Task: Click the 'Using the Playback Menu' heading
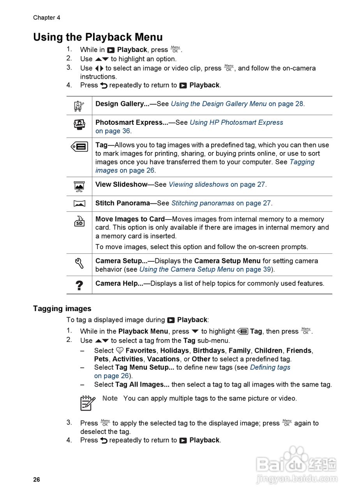tap(98, 37)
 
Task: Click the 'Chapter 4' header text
tap(46, 18)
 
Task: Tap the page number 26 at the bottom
tap(36, 480)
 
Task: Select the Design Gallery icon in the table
tap(79, 106)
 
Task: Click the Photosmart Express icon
tap(79, 124)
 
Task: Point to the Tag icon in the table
tap(79, 147)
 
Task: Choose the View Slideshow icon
tap(79, 186)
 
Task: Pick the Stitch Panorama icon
tap(79, 203)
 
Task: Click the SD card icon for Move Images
tap(79, 221)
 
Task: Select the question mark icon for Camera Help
tap(79, 285)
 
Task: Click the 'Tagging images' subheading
tap(62, 309)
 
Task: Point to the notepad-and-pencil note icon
tap(87, 403)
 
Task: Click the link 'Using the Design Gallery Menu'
tap(219, 104)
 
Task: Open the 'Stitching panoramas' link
tap(203, 203)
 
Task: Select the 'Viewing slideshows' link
tap(198, 184)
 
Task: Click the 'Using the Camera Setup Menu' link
tap(187, 269)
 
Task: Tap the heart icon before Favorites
tap(120, 351)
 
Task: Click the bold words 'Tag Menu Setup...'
tap(145, 368)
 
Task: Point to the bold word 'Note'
tap(110, 398)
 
